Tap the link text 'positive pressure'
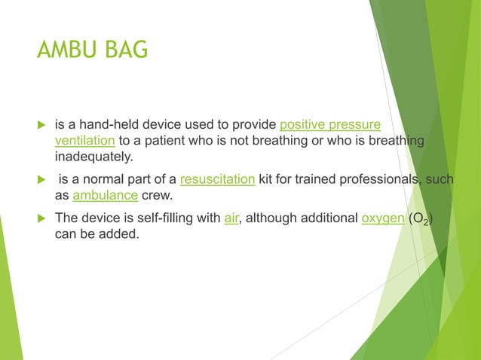click(x=329, y=124)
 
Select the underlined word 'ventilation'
click(x=84, y=140)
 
